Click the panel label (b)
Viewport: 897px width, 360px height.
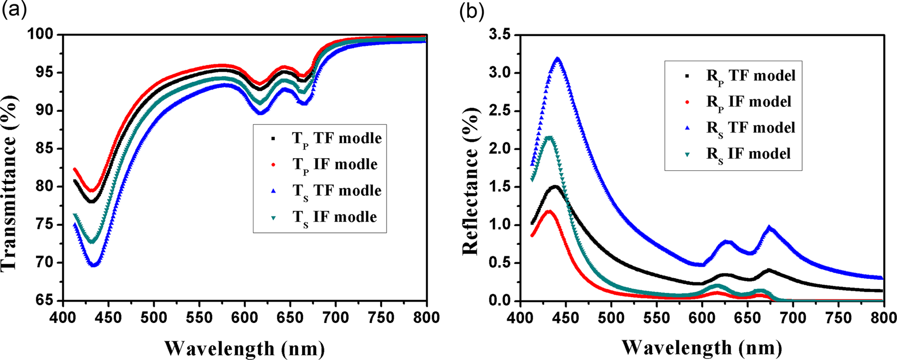(x=472, y=11)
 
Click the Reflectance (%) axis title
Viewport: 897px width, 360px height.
(x=470, y=167)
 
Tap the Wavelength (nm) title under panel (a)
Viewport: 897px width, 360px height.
(x=244, y=347)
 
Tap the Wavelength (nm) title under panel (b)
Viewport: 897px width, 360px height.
(x=702, y=347)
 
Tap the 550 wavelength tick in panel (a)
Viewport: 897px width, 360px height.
(x=199, y=317)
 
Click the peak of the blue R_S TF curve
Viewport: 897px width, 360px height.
(x=557, y=58)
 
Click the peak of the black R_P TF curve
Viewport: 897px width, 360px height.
(x=555, y=187)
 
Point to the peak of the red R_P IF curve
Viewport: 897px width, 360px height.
(x=549, y=212)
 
